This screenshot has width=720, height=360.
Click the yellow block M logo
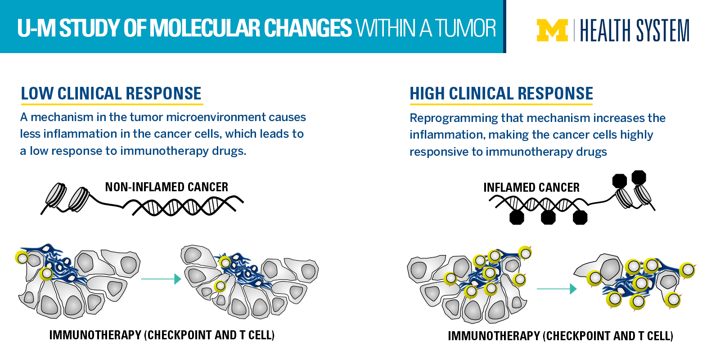coord(552,30)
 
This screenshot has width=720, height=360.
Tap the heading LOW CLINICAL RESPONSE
coord(111,94)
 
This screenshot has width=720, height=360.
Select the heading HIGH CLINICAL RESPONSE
coord(501,94)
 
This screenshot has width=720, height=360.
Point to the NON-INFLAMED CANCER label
coord(166,187)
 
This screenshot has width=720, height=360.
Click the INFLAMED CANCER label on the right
coord(531,187)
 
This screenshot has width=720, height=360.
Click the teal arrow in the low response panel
coord(161,279)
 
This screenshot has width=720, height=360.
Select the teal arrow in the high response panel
coord(557,288)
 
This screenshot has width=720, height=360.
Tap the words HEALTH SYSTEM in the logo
coord(635,30)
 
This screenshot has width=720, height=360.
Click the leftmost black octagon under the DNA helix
coord(517,218)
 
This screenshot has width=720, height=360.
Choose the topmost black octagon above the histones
coord(639,177)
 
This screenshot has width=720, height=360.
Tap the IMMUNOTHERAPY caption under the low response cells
coord(162,335)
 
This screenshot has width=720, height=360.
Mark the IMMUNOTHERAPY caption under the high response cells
coord(560,336)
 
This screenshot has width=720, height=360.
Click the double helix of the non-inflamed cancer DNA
coord(188,206)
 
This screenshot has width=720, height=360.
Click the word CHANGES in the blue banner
coord(308,28)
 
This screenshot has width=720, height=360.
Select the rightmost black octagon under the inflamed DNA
coord(580,218)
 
